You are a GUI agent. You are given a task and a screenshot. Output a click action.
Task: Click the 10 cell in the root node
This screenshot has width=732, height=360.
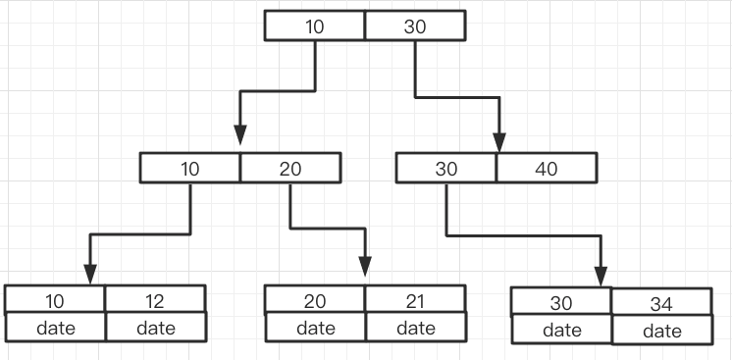click(x=315, y=26)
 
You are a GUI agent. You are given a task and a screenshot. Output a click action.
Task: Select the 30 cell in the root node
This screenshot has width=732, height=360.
click(x=415, y=26)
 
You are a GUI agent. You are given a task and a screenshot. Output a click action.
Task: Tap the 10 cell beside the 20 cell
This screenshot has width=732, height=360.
click(x=190, y=168)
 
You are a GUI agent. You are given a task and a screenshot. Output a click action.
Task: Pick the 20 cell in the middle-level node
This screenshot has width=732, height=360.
click(x=290, y=168)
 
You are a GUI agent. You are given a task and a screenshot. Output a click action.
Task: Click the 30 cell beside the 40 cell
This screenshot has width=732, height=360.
click(x=446, y=168)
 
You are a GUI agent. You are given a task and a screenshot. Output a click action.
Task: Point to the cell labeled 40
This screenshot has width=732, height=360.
click(x=547, y=168)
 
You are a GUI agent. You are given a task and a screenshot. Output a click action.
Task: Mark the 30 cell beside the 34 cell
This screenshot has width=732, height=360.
click(x=562, y=302)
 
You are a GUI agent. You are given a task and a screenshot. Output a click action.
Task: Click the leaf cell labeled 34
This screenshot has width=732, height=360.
click(x=661, y=304)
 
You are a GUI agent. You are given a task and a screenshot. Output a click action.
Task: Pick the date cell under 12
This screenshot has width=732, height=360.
click(x=155, y=327)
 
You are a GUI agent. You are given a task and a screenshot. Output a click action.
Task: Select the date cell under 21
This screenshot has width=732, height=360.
click(x=415, y=327)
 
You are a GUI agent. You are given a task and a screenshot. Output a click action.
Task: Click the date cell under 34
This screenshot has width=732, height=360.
click(x=661, y=332)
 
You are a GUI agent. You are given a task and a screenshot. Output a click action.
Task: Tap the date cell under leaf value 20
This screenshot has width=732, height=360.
click(x=315, y=327)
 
